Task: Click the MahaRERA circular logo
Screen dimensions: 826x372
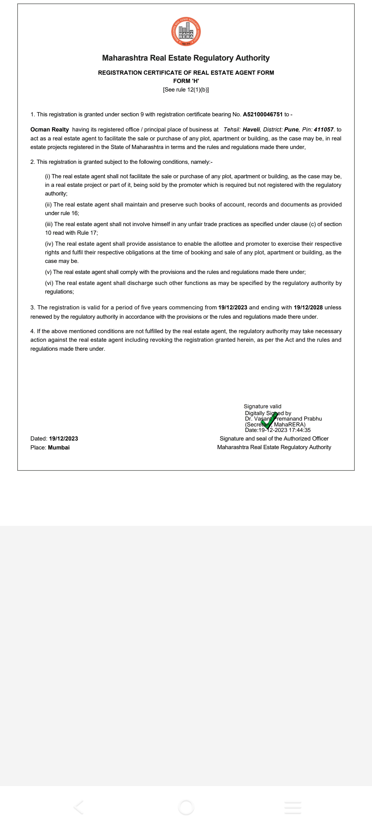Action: [x=186, y=32]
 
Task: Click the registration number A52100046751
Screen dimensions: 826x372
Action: [x=262, y=115]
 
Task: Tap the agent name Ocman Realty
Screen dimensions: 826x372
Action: [x=50, y=130]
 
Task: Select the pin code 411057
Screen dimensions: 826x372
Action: [x=323, y=130]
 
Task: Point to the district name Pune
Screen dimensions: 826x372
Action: [x=291, y=130]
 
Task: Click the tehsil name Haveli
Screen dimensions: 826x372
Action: [x=251, y=130]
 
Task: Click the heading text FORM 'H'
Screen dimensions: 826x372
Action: [x=186, y=81]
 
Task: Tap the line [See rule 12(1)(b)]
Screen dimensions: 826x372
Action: [x=186, y=90]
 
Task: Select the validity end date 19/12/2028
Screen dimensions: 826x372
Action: [x=308, y=308]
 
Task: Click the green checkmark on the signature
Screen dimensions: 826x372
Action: [x=269, y=421]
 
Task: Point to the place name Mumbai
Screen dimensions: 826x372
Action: [x=59, y=448]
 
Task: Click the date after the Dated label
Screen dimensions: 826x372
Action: [x=63, y=439]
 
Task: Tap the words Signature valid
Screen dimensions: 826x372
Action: [x=262, y=406]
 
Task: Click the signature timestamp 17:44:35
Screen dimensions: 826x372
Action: [x=300, y=430]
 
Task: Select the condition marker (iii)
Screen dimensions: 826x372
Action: [x=49, y=224]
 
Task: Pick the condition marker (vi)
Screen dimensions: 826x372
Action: [x=49, y=283]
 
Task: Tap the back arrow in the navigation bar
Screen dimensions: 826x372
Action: [x=79, y=807]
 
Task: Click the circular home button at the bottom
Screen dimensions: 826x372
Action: [x=186, y=807]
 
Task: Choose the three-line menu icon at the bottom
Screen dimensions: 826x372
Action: [x=293, y=807]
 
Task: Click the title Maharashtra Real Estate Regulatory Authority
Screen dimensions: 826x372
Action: [x=186, y=58]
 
